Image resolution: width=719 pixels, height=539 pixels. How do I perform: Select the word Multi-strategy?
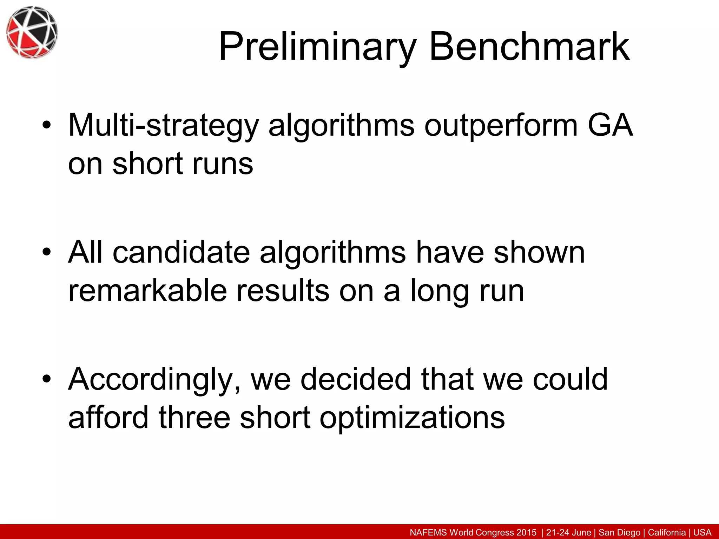point(164,126)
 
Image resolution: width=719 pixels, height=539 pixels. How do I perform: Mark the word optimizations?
point(412,418)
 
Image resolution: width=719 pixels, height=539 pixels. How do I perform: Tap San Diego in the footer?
point(619,532)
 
